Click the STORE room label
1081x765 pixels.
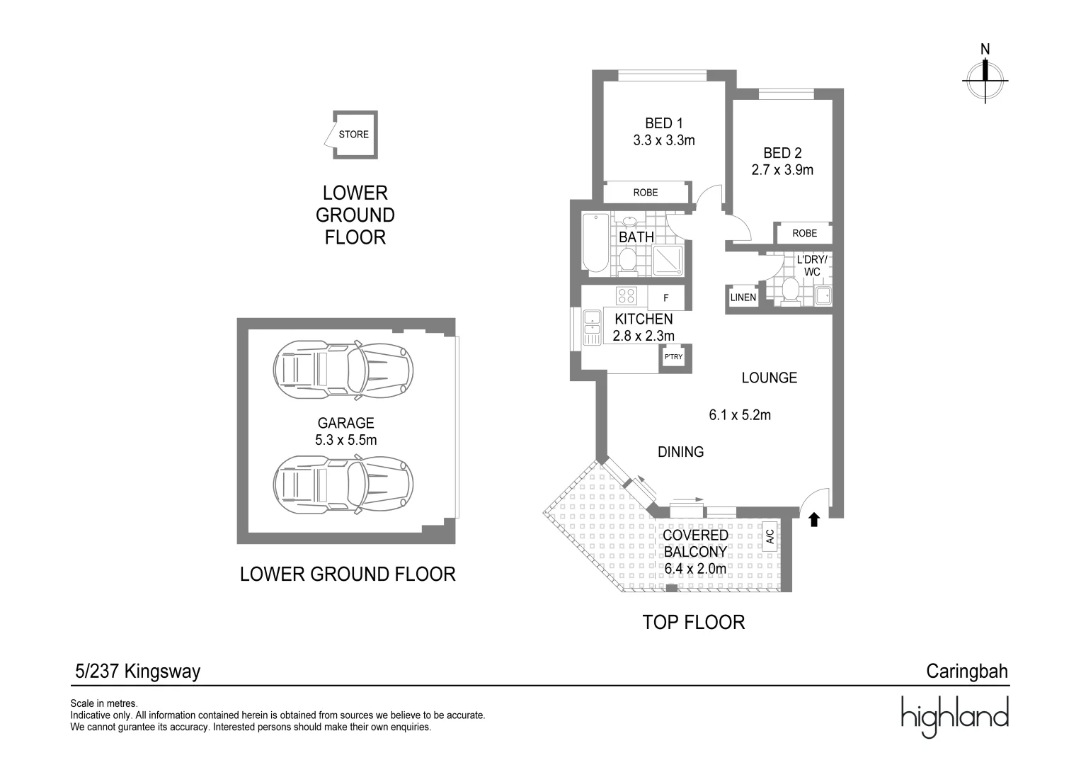tap(353, 135)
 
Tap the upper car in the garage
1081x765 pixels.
tap(343, 370)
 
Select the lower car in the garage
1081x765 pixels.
tap(343, 484)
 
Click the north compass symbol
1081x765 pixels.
tap(985, 80)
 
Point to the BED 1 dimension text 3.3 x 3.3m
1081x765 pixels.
tap(663, 140)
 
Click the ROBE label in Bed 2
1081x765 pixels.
tap(804, 233)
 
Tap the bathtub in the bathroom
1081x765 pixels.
tap(596, 244)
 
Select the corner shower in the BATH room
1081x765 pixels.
tap(668, 261)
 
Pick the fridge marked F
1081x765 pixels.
tap(666, 297)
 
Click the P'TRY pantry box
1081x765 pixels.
tap(673, 357)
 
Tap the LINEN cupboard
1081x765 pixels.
tap(743, 297)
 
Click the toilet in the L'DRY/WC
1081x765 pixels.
tap(790, 292)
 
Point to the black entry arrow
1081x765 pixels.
tap(814, 520)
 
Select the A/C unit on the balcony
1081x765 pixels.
tap(770, 537)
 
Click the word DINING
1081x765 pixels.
tap(680, 452)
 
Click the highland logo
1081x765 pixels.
tap(955, 717)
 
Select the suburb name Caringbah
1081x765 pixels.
tap(967, 671)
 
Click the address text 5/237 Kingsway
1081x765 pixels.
tap(137, 671)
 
